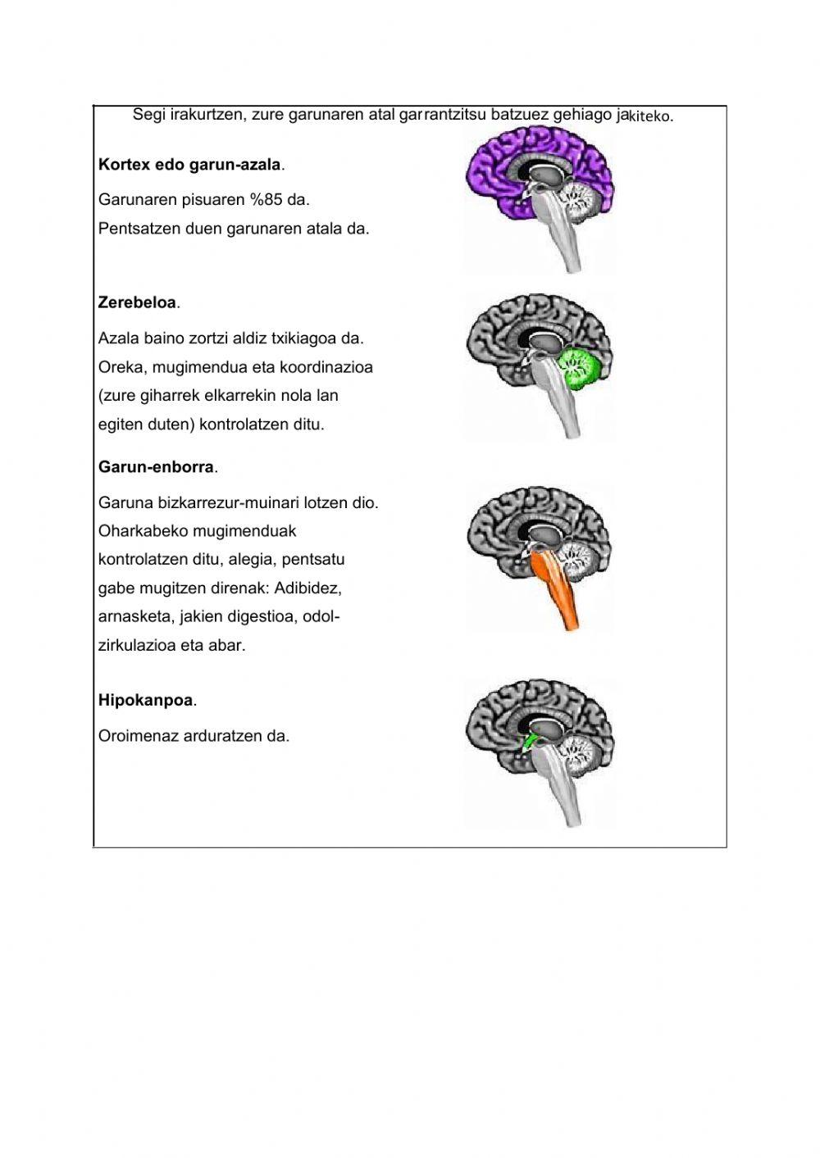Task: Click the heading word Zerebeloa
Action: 137,302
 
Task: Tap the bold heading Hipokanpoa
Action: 145,701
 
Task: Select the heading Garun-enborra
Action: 156,467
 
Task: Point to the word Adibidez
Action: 309,588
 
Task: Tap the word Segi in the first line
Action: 148,114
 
